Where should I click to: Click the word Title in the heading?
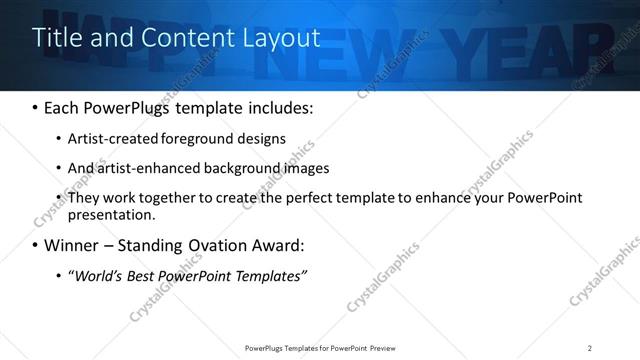[x=56, y=38]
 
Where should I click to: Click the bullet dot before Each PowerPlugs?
[x=36, y=107]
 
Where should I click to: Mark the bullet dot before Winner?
[x=36, y=245]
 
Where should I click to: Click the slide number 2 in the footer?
[x=590, y=348]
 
